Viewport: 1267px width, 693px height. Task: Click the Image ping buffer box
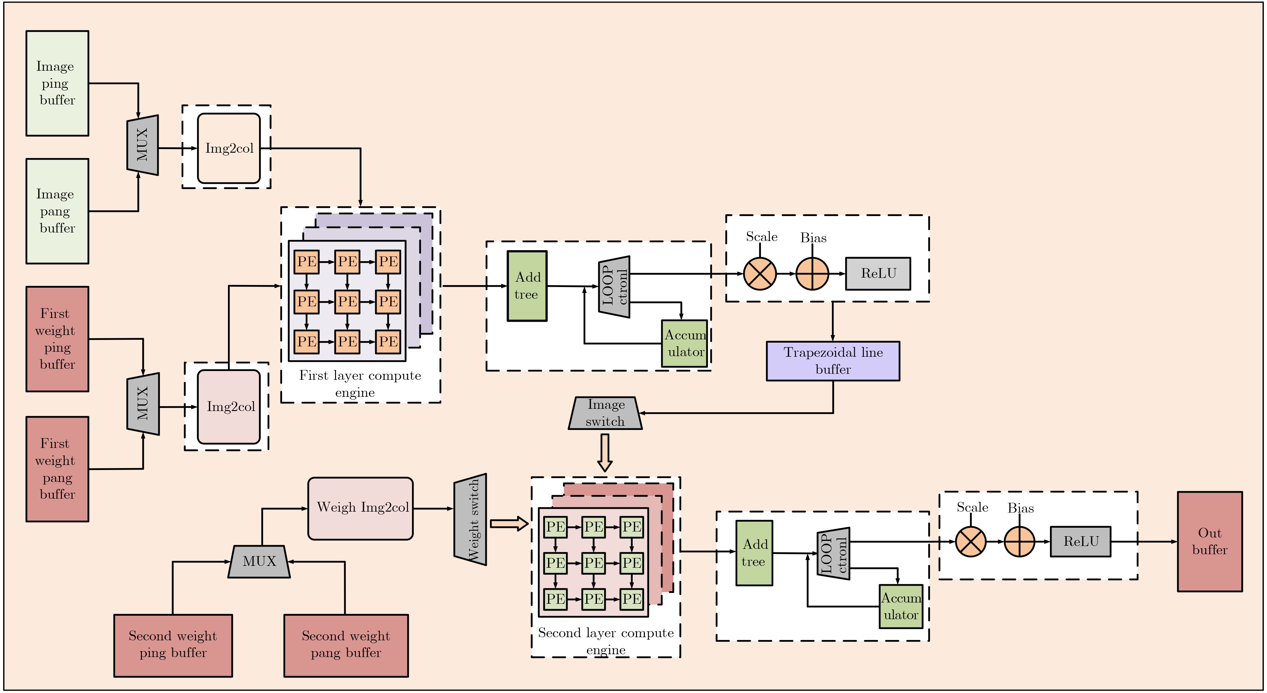(x=57, y=83)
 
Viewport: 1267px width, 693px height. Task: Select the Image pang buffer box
(x=57, y=211)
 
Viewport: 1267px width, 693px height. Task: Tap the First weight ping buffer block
(x=57, y=339)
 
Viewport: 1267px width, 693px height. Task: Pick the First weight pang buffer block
(x=57, y=469)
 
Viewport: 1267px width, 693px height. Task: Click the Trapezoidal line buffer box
(x=833, y=361)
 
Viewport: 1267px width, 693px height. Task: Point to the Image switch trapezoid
(x=605, y=413)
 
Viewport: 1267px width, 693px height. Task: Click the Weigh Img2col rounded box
(x=361, y=508)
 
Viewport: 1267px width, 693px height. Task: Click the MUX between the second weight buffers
(x=259, y=561)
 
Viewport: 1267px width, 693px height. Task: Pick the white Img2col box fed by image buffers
(x=229, y=148)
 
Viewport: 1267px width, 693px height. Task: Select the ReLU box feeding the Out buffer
(x=1080, y=542)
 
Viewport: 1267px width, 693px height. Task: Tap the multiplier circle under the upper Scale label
(x=760, y=273)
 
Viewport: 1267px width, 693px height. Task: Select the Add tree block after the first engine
(x=527, y=286)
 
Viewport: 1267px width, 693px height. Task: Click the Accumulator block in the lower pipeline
(x=901, y=607)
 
